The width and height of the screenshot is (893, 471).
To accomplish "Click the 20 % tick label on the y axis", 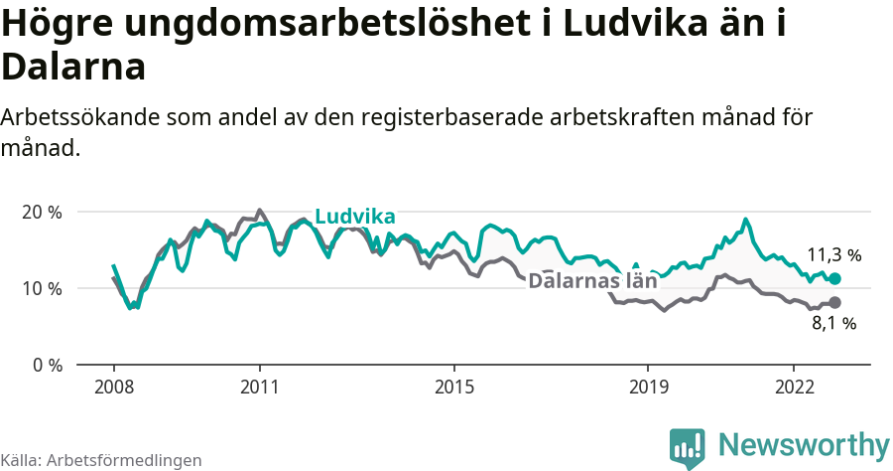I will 43,212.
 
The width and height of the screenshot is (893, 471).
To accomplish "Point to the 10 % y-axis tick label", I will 43,288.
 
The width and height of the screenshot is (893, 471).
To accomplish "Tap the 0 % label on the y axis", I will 47,365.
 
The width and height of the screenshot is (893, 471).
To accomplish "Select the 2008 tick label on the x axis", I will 113,386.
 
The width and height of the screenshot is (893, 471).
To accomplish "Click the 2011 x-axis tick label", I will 259,386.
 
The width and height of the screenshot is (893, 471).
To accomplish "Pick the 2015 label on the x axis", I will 453,386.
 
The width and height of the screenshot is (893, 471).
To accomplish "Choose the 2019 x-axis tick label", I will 648,386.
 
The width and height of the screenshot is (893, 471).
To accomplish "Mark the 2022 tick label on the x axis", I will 794,386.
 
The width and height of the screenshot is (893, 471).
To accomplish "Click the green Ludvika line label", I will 354,218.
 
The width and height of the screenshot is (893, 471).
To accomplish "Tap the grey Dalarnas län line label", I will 592,280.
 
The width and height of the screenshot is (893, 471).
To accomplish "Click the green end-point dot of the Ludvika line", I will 834,279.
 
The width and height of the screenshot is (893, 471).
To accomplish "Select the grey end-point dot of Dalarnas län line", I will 834,302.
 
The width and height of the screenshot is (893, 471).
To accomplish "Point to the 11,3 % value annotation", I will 833,254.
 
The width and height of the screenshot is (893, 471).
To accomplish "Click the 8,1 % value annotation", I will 833,324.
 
